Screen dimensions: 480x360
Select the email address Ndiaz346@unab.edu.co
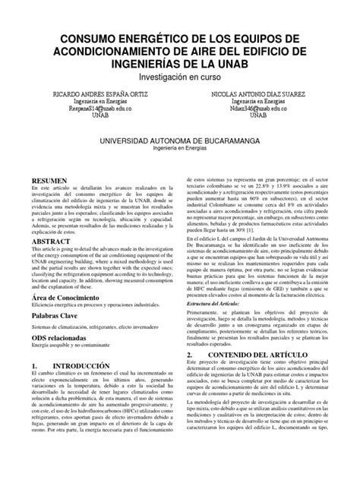coord(266,109)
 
